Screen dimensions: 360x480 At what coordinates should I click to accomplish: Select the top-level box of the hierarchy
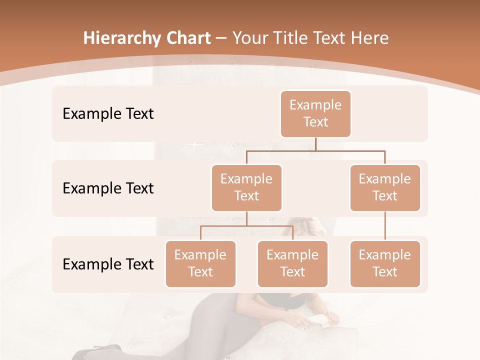tap(315, 114)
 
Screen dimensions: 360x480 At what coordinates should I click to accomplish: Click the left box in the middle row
tap(246, 188)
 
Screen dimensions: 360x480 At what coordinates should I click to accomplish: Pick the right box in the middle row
tap(385, 188)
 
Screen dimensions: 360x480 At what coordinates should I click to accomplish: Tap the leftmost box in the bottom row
tap(200, 264)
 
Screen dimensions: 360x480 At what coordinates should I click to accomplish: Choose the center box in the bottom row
tap(292, 264)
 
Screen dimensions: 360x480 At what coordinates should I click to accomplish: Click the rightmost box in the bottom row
tap(385, 264)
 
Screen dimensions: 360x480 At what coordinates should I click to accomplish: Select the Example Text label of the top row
tap(108, 114)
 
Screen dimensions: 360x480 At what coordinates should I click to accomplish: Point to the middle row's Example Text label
tap(108, 188)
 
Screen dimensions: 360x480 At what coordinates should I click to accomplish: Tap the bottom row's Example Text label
tap(108, 264)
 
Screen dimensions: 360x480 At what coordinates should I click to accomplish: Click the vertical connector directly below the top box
tap(315, 144)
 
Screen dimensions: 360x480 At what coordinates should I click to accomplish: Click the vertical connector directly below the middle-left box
tap(246, 219)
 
